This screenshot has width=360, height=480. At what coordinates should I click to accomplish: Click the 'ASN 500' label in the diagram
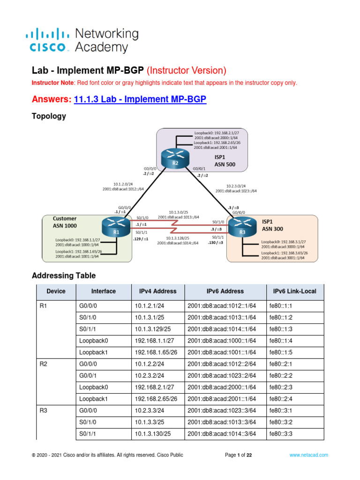click(x=225, y=165)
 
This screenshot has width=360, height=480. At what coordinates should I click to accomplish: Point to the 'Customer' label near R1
click(x=65, y=218)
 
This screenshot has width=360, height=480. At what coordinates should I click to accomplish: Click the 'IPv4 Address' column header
click(x=157, y=291)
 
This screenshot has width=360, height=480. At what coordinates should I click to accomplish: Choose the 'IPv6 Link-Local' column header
click(x=294, y=291)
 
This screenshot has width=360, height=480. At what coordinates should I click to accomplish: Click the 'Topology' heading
click(x=49, y=116)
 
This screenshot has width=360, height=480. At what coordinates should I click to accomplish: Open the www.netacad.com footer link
click(x=308, y=455)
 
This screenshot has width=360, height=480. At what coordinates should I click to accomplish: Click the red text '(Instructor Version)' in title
click(x=186, y=71)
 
